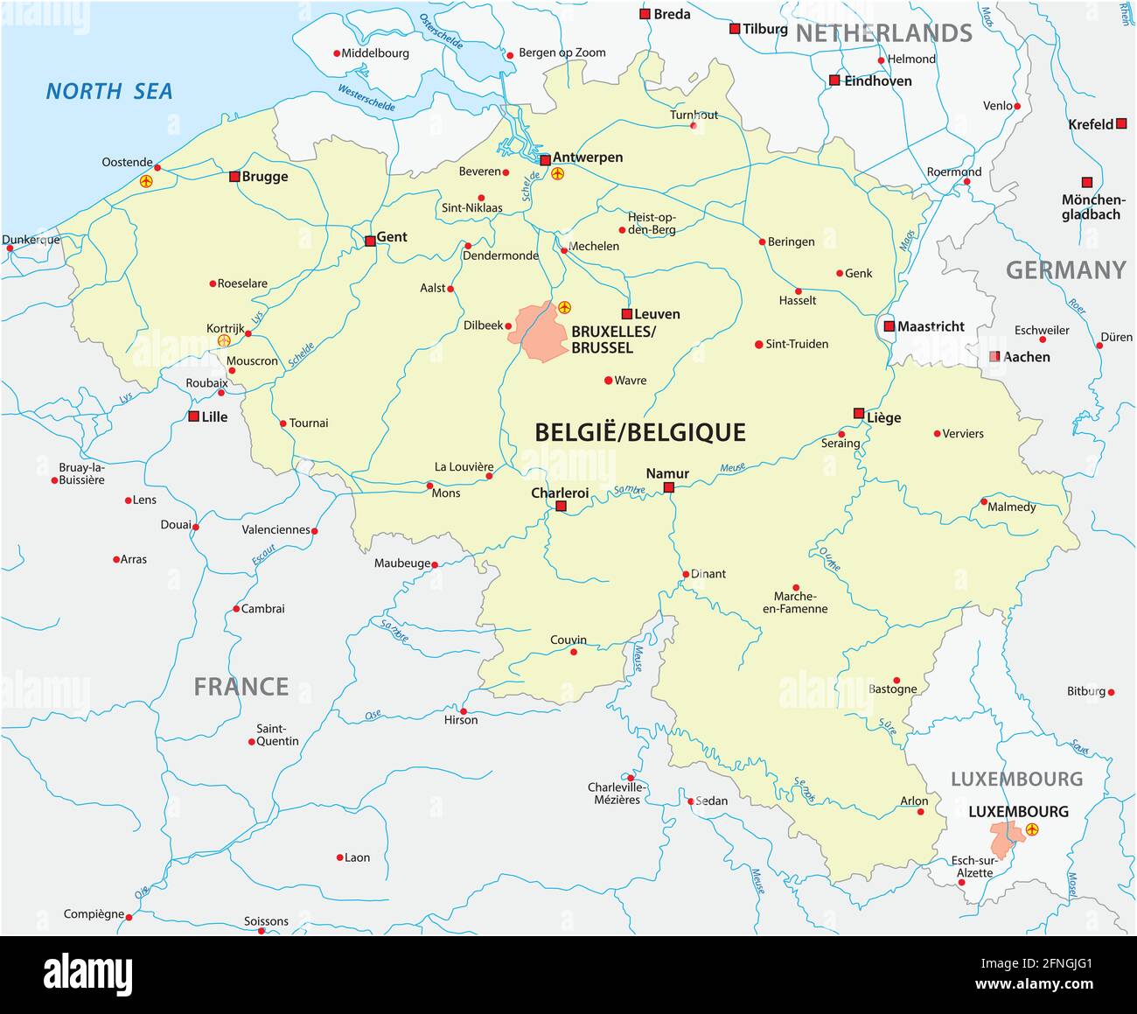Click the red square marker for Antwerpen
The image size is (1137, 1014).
pyautogui.click(x=546, y=160)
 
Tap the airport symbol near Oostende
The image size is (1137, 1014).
pyautogui.click(x=146, y=181)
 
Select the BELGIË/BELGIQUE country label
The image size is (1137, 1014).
pyautogui.click(x=639, y=432)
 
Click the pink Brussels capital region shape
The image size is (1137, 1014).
pyautogui.click(x=543, y=332)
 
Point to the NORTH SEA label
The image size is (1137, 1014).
pyautogui.click(x=109, y=91)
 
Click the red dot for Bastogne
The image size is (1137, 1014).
pyautogui.click(x=896, y=680)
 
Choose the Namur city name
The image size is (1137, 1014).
pyautogui.click(x=667, y=473)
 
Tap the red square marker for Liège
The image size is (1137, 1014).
pyautogui.click(x=859, y=413)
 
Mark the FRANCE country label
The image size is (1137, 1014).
pyautogui.click(x=241, y=687)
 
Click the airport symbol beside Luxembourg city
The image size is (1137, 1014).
pyautogui.click(x=1032, y=829)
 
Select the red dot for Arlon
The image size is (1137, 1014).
pyautogui.click(x=920, y=812)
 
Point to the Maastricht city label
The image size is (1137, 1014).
pyautogui.click(x=931, y=326)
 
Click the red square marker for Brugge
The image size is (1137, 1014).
pyautogui.click(x=234, y=176)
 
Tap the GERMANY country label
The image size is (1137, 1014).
pyautogui.click(x=1065, y=270)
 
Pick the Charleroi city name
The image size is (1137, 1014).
pyautogui.click(x=560, y=493)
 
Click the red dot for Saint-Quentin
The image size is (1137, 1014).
pyautogui.click(x=252, y=742)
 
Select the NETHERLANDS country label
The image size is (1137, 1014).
pyautogui.click(x=883, y=33)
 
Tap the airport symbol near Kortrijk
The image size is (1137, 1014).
pyautogui.click(x=224, y=340)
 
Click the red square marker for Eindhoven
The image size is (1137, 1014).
pyautogui.click(x=834, y=80)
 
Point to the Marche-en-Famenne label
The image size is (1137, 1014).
pyautogui.click(x=795, y=603)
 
